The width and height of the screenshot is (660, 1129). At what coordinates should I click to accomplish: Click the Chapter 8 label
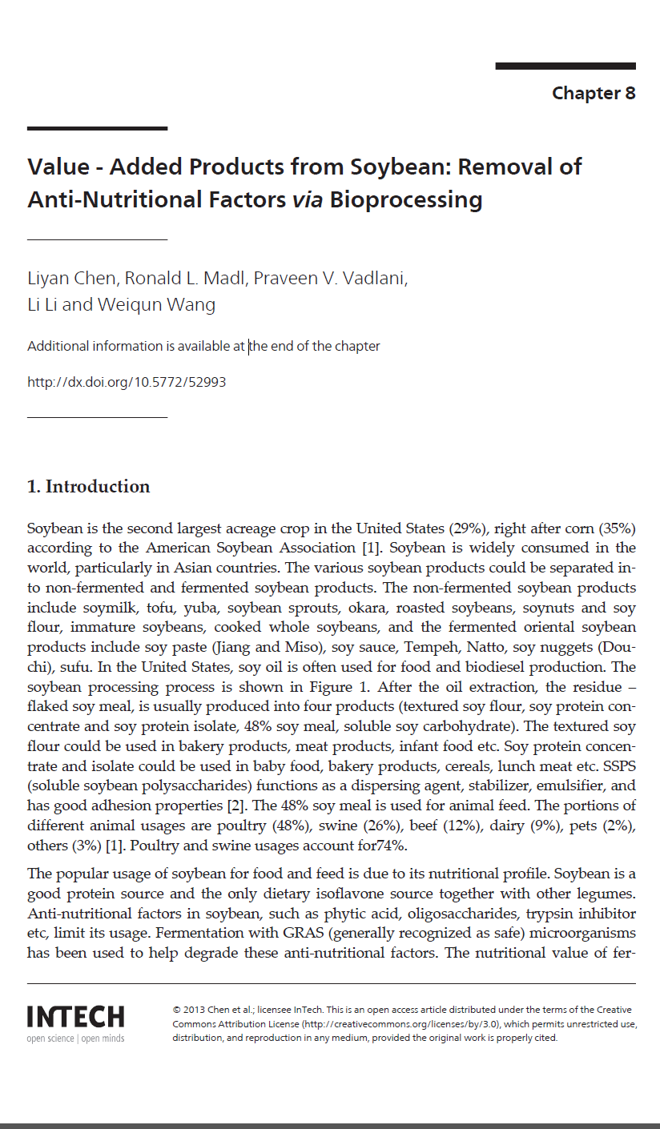click(593, 93)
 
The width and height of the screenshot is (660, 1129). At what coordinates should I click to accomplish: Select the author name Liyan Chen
click(73, 279)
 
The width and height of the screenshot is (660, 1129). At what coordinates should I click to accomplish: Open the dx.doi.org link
click(127, 382)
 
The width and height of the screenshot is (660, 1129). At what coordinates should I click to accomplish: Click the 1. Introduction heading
click(88, 486)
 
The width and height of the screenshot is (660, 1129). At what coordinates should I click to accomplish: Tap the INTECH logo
click(75, 1017)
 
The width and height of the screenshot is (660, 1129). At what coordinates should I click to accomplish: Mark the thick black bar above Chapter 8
click(565, 66)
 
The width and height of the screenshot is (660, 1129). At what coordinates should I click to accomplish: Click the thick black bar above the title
click(97, 128)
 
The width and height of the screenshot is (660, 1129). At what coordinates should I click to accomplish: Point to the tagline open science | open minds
click(75, 1039)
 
